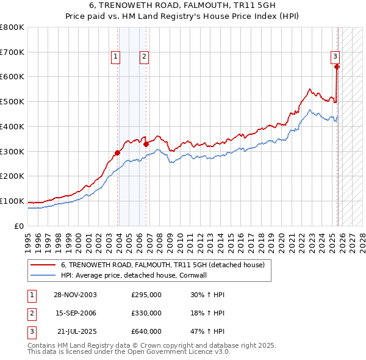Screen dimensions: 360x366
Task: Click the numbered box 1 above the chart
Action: [x=115, y=57]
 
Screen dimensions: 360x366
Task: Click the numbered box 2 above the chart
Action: [x=144, y=57]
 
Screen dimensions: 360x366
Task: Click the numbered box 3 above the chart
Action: [x=335, y=57]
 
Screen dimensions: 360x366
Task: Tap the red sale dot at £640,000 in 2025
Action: [x=337, y=67]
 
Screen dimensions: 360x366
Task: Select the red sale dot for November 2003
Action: [x=117, y=153]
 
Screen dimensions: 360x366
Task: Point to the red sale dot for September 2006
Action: [x=146, y=144]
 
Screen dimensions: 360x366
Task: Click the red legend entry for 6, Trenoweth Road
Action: [x=162, y=265]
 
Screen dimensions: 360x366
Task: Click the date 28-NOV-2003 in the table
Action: [x=75, y=295]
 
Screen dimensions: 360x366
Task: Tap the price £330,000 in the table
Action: [x=146, y=313]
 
